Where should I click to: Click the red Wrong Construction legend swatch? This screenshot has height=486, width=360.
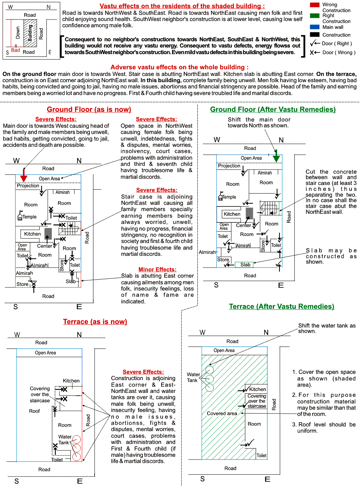coord(314,5)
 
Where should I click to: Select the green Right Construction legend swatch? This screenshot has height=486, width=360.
coord(314,16)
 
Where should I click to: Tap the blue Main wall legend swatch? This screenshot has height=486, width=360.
coord(314,27)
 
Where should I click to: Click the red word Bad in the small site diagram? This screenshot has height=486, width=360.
coord(15,50)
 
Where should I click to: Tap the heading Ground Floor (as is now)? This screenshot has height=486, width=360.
coord(89,109)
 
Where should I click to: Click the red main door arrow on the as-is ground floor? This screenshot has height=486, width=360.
coord(24,176)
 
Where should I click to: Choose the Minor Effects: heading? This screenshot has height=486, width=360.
coord(157,269)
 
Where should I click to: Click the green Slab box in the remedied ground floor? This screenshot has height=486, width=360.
coord(245,265)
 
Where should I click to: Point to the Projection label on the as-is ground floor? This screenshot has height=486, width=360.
coord(28,186)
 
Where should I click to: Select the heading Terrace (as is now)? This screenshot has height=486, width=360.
coord(95,322)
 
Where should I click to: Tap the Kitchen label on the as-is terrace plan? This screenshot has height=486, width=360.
coord(71,381)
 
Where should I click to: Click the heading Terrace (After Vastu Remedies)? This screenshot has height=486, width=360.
coord(281,306)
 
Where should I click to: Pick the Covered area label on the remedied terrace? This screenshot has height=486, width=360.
coord(222,414)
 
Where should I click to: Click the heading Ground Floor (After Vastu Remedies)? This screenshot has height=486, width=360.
coord(273,109)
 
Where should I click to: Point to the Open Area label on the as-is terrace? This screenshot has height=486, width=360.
coord(46,353)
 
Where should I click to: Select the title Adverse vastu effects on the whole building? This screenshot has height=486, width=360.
coord(179,67)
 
